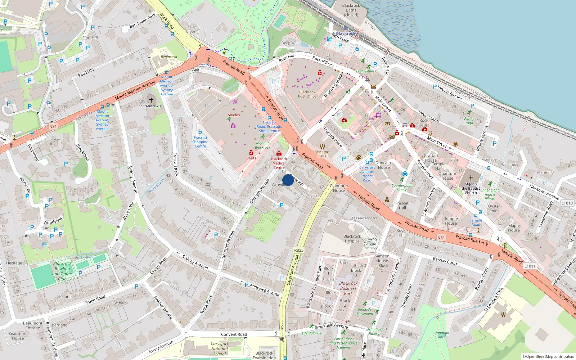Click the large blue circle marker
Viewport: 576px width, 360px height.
tap(288, 180)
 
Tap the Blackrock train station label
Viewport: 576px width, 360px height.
tap(346, 33)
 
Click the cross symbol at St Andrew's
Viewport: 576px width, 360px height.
tap(151, 100)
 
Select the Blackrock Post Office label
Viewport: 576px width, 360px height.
tap(307, 94)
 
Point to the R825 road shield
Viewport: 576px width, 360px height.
tap(298, 250)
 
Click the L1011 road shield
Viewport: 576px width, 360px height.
tap(530, 266)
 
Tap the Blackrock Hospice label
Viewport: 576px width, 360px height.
tap(352, 239)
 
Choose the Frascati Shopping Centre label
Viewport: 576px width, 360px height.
tap(200, 142)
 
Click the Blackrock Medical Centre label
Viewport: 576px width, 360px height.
tap(279, 163)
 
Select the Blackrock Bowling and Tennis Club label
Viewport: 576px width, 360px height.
tap(62, 271)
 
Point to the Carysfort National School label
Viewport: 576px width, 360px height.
tap(220, 349)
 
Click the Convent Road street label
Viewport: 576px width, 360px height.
tap(234, 334)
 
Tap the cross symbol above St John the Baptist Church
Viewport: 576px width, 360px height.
tap(471, 178)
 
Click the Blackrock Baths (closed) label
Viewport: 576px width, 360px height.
tap(351, 10)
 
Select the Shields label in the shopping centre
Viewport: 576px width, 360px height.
tap(234, 115)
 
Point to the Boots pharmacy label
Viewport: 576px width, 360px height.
tap(251, 158)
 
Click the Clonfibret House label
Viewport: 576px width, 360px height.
tap(339, 188)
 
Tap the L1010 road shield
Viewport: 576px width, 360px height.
tap(567, 203)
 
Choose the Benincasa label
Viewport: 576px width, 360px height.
tap(169, 57)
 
